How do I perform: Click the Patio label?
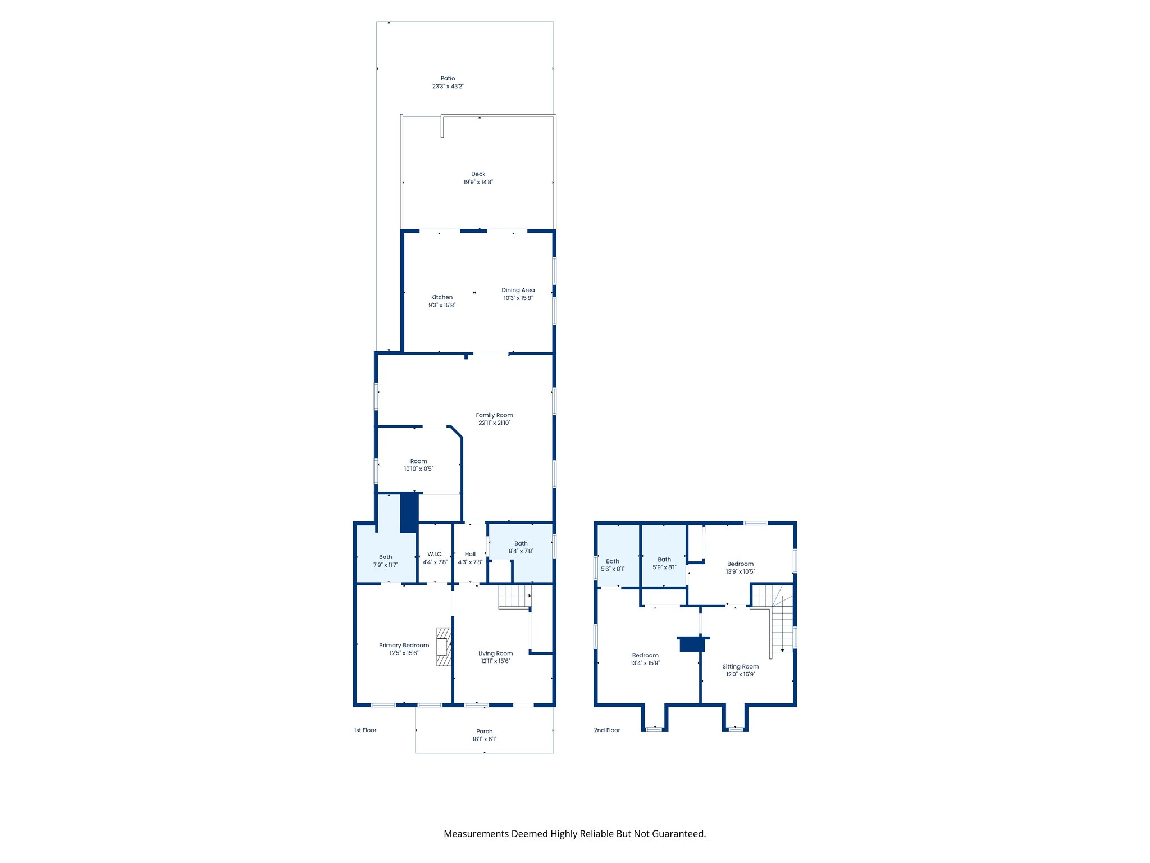(x=448, y=79)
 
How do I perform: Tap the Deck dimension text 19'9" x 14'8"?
(x=478, y=182)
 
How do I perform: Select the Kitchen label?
(x=442, y=297)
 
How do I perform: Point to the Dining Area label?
(x=518, y=290)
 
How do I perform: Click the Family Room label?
(x=494, y=415)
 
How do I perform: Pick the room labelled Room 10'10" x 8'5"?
(x=418, y=465)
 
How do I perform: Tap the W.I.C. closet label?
(x=435, y=554)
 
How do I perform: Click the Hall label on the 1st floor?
(x=470, y=554)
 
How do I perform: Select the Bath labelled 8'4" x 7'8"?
(x=521, y=547)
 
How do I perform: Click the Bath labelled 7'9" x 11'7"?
(x=385, y=561)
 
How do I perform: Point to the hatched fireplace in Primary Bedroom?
(x=444, y=647)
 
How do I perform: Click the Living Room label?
(x=495, y=653)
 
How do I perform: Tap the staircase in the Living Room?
(x=514, y=596)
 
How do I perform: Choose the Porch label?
(x=484, y=732)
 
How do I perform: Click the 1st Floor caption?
(x=365, y=730)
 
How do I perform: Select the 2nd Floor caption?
(x=606, y=730)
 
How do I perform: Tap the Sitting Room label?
(x=740, y=667)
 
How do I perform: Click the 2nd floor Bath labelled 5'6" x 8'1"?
(x=612, y=565)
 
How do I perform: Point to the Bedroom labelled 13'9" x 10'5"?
(x=740, y=567)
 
